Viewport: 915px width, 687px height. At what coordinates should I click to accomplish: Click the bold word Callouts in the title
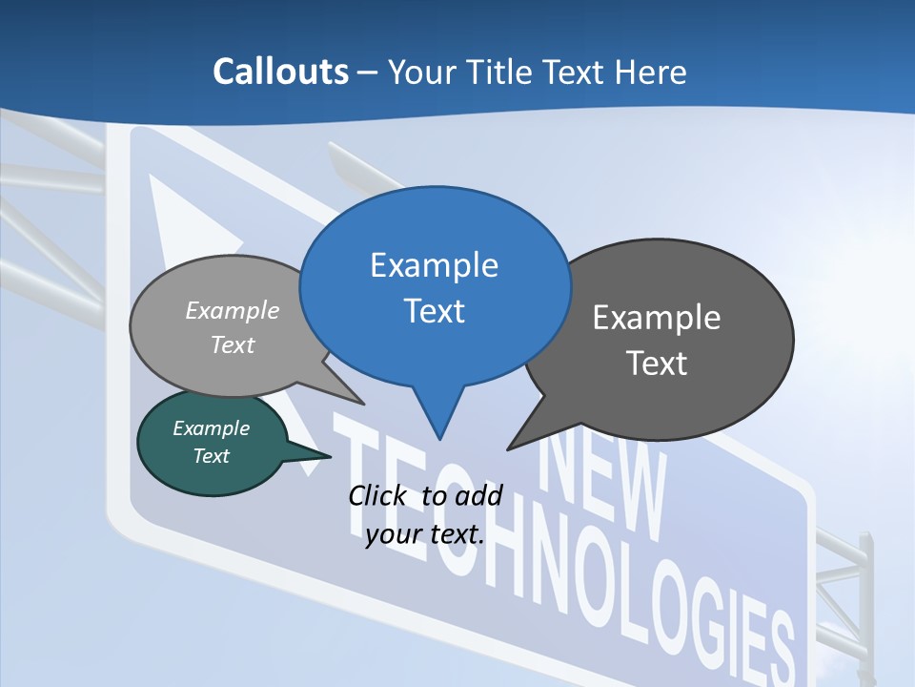(280, 72)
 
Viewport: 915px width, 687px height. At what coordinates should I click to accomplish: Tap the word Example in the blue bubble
(434, 265)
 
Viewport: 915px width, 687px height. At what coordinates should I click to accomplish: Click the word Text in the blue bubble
(434, 311)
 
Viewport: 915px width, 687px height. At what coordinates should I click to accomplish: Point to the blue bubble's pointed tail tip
(439, 438)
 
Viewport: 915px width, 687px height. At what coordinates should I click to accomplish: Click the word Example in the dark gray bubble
(657, 318)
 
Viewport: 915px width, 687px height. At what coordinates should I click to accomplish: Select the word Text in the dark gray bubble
(657, 364)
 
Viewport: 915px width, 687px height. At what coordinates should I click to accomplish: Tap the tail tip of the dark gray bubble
(509, 448)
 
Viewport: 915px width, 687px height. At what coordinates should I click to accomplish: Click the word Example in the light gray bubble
(233, 310)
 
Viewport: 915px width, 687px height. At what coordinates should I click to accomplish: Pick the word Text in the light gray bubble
(233, 344)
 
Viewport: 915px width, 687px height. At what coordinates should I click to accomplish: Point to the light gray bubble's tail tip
(363, 403)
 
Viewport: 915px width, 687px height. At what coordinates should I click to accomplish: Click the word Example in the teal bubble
(211, 428)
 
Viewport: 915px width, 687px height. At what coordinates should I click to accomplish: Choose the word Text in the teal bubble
(211, 456)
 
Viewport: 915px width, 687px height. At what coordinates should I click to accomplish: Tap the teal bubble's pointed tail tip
(330, 457)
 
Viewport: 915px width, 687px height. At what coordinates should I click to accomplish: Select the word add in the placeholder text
(478, 495)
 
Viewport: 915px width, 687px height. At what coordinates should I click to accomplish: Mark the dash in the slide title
(368, 73)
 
